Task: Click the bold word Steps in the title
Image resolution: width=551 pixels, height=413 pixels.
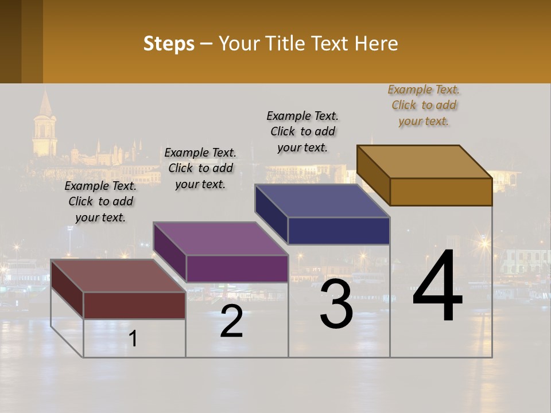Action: click(169, 44)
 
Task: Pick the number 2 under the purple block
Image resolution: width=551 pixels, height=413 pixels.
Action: click(231, 322)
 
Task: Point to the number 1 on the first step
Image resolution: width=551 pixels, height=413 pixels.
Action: click(133, 339)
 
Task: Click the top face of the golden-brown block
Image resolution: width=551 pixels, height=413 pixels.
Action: click(424, 161)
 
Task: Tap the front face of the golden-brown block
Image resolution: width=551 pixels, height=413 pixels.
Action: click(441, 192)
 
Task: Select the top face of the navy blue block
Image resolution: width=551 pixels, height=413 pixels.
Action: click(321, 201)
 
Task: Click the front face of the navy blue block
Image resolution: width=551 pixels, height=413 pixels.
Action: click(339, 231)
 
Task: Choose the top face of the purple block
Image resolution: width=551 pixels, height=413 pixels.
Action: click(220, 239)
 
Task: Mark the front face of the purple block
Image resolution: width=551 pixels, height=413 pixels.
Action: click(237, 268)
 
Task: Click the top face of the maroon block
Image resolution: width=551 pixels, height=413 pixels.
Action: click(118, 276)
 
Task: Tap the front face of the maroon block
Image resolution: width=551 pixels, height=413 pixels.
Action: click(134, 305)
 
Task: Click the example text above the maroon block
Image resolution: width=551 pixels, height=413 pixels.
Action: click(100, 201)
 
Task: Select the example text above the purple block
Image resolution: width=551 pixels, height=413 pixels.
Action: click(200, 168)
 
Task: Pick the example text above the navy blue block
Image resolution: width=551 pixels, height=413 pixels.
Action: click(302, 131)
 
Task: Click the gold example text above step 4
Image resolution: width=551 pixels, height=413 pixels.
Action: click(424, 105)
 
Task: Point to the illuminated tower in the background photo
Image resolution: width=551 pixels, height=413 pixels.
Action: click(44, 126)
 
